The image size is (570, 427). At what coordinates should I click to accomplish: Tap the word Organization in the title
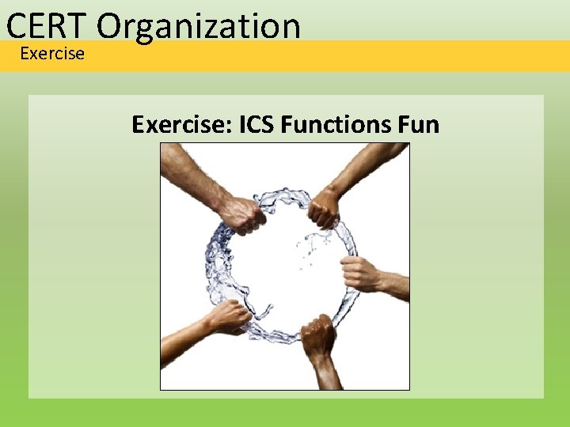[199, 27]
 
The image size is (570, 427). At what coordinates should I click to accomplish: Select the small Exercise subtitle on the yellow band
[51, 54]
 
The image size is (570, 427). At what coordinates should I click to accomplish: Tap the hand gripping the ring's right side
[361, 274]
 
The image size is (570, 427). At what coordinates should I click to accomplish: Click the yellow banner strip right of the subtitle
[317, 55]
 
